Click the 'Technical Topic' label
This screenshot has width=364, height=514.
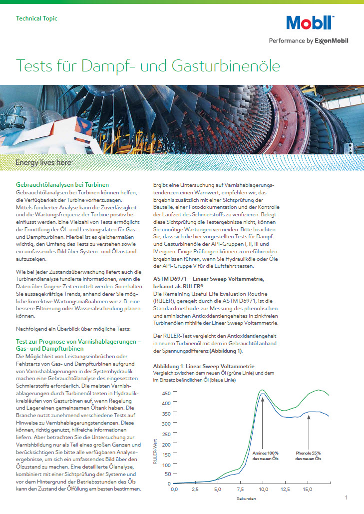tap(36, 18)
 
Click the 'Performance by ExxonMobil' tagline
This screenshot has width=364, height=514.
tap(309, 40)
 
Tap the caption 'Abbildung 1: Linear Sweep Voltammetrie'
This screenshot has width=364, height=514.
tap(204, 366)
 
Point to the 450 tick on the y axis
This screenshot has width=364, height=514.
tap(167, 393)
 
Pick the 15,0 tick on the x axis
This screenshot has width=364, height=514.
tap(308, 489)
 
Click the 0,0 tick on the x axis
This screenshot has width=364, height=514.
tap(174, 489)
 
